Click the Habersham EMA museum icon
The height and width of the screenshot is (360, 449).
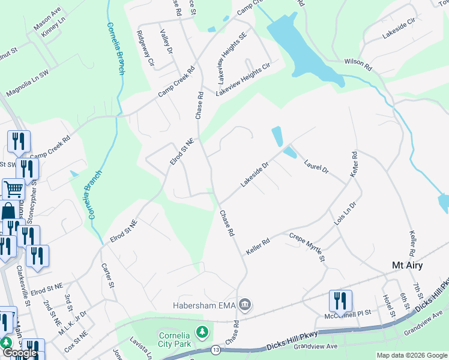tap(245, 305)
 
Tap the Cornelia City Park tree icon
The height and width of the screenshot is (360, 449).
tap(203, 331)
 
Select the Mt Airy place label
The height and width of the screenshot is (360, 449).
tap(407, 265)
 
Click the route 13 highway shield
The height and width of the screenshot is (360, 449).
tap(215, 349)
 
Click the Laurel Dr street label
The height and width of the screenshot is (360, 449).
tap(316, 166)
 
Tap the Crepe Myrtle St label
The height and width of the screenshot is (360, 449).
tap(307, 247)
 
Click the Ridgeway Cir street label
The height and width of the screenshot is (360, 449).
tap(145, 49)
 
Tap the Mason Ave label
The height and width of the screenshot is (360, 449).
tap(47, 20)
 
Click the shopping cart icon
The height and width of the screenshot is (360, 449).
tap(13, 190)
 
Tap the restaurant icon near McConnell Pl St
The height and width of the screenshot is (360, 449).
tap(340, 302)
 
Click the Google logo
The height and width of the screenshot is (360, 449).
tap(20, 353)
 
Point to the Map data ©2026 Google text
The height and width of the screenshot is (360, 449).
tap(412, 355)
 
